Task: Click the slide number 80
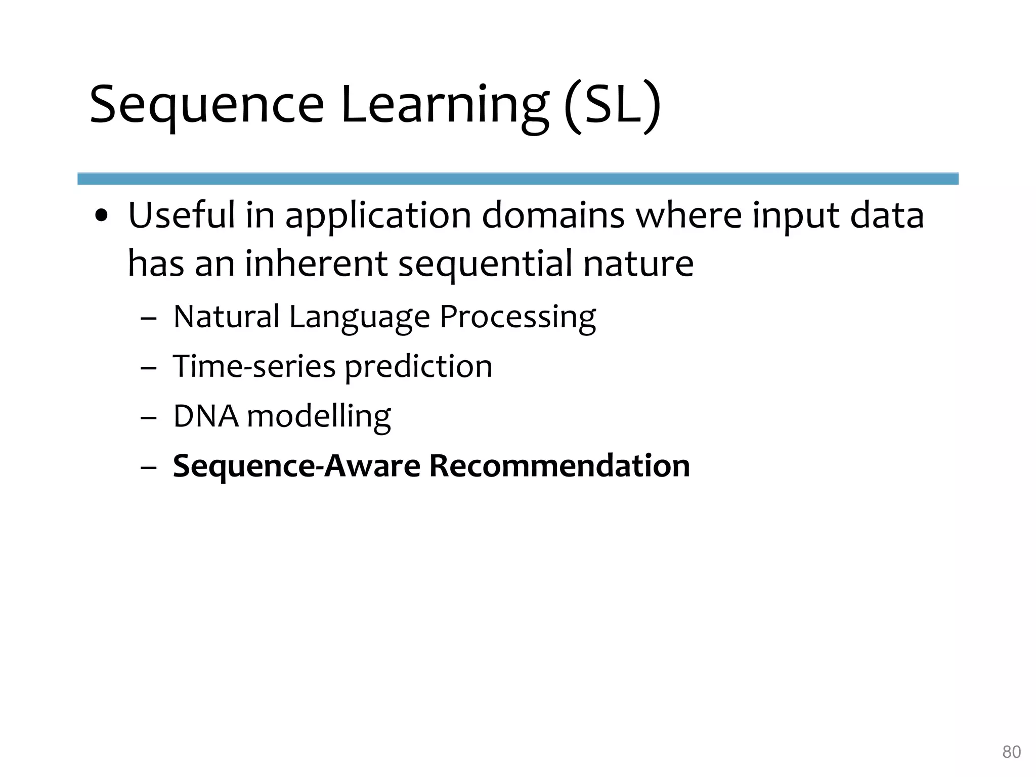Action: pos(1011,752)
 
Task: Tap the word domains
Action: pos(553,215)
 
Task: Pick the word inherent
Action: pos(316,264)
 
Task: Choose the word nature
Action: pos(638,264)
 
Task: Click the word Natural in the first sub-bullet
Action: pos(226,317)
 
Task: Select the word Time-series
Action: pos(254,366)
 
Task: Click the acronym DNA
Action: pos(205,416)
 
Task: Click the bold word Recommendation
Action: pos(559,465)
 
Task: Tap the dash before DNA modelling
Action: pos(148,418)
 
